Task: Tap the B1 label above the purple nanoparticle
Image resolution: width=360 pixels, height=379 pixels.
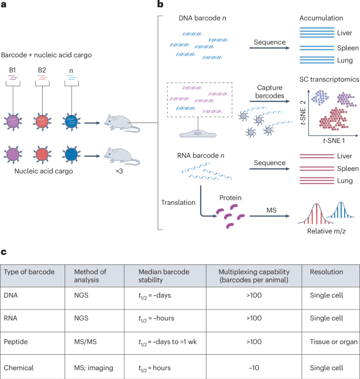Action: pyautogui.click(x=17, y=70)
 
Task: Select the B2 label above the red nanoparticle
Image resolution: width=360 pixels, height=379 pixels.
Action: pyautogui.click(x=43, y=70)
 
